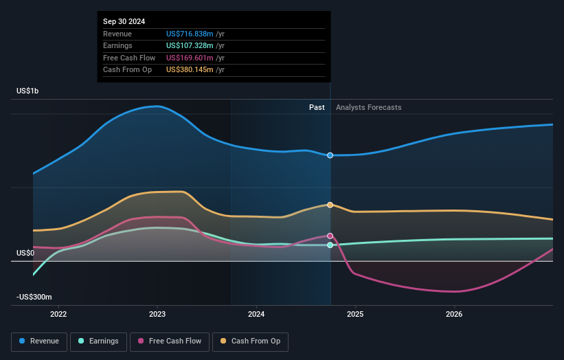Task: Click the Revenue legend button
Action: click(40, 341)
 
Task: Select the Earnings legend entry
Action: click(98, 341)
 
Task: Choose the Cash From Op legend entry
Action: click(251, 341)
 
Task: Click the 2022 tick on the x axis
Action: click(58, 314)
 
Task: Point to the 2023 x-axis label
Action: click(157, 314)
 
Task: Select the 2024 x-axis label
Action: click(256, 314)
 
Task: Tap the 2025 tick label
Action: click(355, 314)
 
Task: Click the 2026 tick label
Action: click(454, 314)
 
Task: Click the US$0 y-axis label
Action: click(26, 253)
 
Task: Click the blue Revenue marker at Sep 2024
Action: click(330, 155)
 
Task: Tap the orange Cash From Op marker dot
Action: click(330, 205)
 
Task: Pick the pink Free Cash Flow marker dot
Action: click(330, 236)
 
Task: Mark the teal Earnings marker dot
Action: click(330, 245)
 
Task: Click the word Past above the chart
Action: click(317, 107)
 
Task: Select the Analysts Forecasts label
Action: click(368, 107)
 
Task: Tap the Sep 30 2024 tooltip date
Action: click(124, 22)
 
